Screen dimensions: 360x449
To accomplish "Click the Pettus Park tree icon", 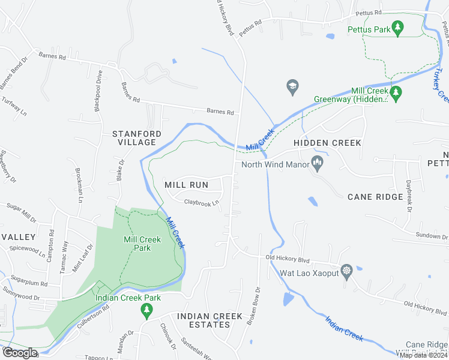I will pyautogui.click(x=397, y=27).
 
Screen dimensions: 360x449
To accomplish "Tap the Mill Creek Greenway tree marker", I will pyautogui.click(x=396, y=92).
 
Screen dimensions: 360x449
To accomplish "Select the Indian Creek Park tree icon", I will pyautogui.click(x=145, y=310).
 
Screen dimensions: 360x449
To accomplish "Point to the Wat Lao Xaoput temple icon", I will pyautogui.click(x=346, y=270).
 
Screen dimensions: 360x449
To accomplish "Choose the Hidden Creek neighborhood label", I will pyautogui.click(x=327, y=143).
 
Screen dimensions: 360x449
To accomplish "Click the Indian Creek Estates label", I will pyautogui.click(x=203, y=320).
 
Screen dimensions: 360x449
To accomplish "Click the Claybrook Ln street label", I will pyautogui.click(x=200, y=203).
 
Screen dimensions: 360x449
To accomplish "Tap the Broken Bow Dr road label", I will pyautogui.click(x=255, y=307).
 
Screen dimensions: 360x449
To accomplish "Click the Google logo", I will pyautogui.click(x=19, y=353).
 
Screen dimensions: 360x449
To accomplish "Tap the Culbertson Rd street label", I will pyautogui.click(x=93, y=316).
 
